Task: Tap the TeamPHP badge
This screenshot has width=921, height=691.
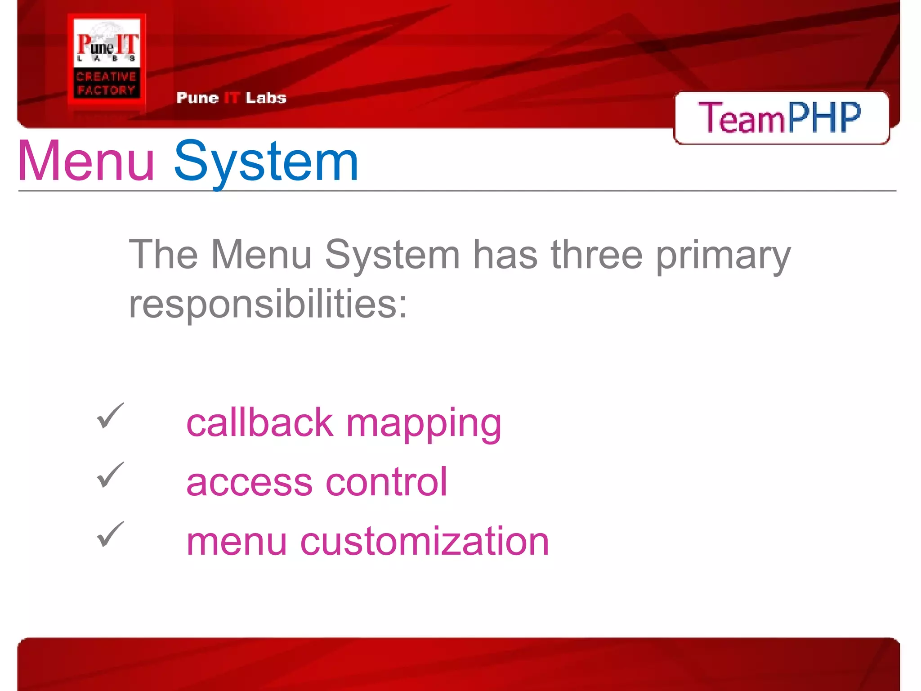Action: [781, 117]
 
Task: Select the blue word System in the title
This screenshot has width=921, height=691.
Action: [266, 162]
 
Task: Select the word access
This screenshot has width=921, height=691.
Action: [249, 483]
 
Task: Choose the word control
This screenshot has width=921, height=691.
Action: [386, 482]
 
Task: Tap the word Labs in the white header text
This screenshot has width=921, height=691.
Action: [266, 98]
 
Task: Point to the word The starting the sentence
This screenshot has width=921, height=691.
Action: [163, 255]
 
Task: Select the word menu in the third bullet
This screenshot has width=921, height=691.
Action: [237, 543]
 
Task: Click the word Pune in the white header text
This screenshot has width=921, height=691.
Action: [197, 98]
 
